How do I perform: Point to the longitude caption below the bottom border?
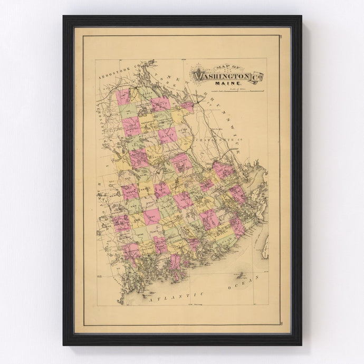pos(183,305)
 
